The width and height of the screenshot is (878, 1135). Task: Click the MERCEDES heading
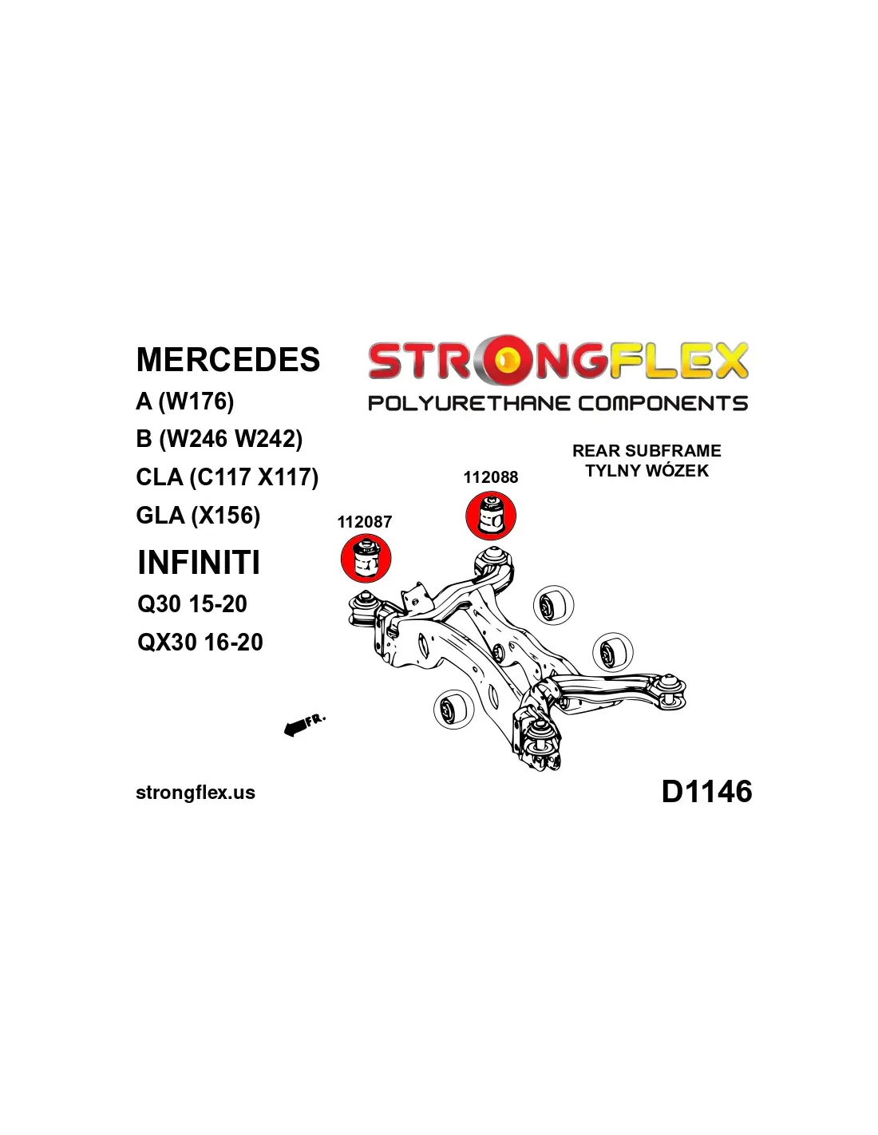[228, 360]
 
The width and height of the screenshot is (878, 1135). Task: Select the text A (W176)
[185, 401]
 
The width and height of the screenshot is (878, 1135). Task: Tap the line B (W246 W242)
[219, 439]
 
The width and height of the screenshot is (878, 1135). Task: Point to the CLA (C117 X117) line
[227, 477]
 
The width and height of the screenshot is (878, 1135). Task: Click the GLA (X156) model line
[199, 516]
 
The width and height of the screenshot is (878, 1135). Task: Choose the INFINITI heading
[199, 563]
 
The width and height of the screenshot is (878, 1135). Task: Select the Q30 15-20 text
[192, 604]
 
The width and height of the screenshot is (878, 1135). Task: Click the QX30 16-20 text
[200, 643]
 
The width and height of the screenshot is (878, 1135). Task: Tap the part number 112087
[365, 522]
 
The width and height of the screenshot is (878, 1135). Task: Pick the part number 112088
[491, 477]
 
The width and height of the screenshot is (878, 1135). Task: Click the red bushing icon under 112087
[366, 559]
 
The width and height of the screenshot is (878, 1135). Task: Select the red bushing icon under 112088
[491, 516]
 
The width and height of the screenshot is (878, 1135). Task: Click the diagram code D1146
[706, 792]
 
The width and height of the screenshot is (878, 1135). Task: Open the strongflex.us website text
[196, 793]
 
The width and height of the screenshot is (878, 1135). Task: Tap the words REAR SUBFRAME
[647, 451]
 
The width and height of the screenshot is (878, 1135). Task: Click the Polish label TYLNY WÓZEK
[647, 471]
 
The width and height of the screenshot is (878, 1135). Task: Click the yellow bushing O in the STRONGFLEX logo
[505, 361]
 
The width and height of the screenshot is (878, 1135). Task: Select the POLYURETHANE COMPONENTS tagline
[558, 403]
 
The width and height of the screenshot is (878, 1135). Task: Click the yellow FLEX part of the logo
[678, 361]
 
